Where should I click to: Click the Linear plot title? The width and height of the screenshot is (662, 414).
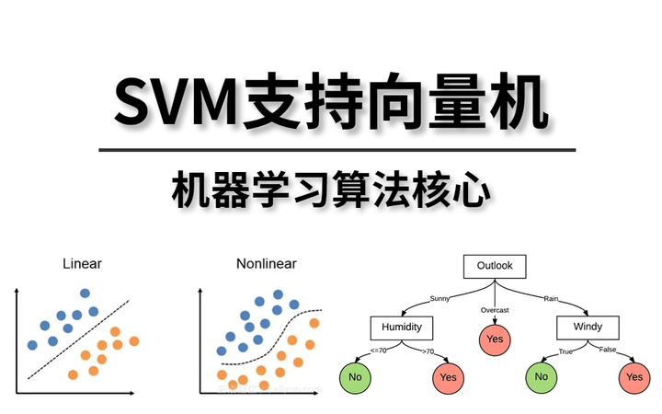82,264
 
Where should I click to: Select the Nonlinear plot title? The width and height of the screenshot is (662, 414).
266,264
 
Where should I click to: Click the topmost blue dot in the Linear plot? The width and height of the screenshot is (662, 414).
86,293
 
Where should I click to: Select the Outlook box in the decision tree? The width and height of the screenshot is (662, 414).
495,267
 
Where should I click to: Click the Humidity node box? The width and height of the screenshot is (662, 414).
401,328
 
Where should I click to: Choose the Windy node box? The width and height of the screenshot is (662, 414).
588,328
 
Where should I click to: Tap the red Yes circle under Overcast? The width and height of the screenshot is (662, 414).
495,339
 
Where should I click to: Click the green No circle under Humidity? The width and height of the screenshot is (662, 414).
354,376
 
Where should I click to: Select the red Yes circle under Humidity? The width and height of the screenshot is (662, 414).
448,376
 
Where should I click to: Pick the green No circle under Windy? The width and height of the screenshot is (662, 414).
541,376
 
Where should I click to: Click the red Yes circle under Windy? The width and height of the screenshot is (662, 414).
633,376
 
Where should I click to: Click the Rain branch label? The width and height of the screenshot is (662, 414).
552,298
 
